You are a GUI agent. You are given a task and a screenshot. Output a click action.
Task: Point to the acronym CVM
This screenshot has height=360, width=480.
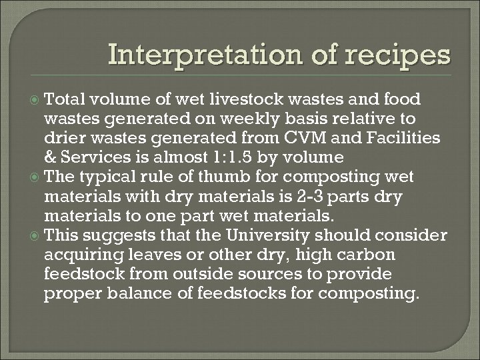[x=304, y=138]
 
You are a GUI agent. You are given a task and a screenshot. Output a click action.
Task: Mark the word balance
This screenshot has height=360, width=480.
[x=126, y=294]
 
